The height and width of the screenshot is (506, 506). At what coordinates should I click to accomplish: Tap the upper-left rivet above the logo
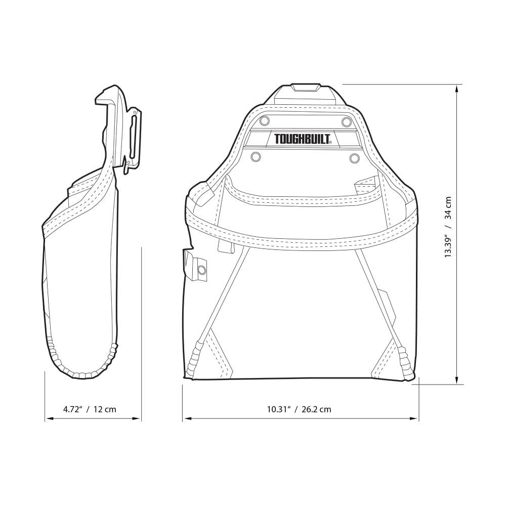click(264, 121)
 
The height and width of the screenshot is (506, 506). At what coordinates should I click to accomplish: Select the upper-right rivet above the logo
click(346, 121)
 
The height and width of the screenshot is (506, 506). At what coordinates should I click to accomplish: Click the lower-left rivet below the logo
click(256, 157)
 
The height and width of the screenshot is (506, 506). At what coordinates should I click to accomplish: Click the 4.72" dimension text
click(73, 409)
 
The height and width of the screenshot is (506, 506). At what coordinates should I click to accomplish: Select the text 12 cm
click(106, 409)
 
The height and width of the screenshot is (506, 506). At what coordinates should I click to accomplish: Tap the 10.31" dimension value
click(278, 409)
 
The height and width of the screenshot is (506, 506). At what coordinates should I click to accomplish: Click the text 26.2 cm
click(317, 409)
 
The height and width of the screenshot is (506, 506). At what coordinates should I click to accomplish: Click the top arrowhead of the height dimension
click(457, 88)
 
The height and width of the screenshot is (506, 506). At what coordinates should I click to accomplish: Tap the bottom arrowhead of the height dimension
click(457, 381)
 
